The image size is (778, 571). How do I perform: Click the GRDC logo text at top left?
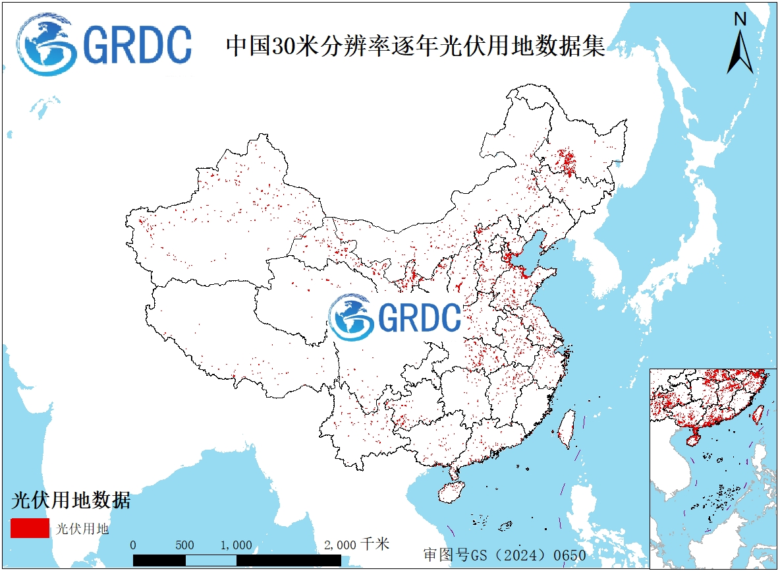point(138,44)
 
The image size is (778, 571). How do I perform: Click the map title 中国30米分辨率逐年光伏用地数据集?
point(416,45)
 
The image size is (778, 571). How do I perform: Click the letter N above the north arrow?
point(740,20)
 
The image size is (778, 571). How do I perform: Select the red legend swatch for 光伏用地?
point(30,528)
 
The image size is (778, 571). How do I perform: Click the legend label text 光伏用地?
point(82,529)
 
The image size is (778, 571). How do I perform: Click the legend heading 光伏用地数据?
point(70,500)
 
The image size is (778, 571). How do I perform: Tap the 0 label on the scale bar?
point(134,545)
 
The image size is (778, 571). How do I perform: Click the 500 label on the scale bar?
point(185,545)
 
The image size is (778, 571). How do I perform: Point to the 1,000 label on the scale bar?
point(236,545)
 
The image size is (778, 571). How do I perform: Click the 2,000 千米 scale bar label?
point(356,545)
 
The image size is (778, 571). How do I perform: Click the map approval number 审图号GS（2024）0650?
point(505,555)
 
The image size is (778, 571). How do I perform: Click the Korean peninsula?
point(606,264)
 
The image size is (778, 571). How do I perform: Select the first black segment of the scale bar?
point(159,560)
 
